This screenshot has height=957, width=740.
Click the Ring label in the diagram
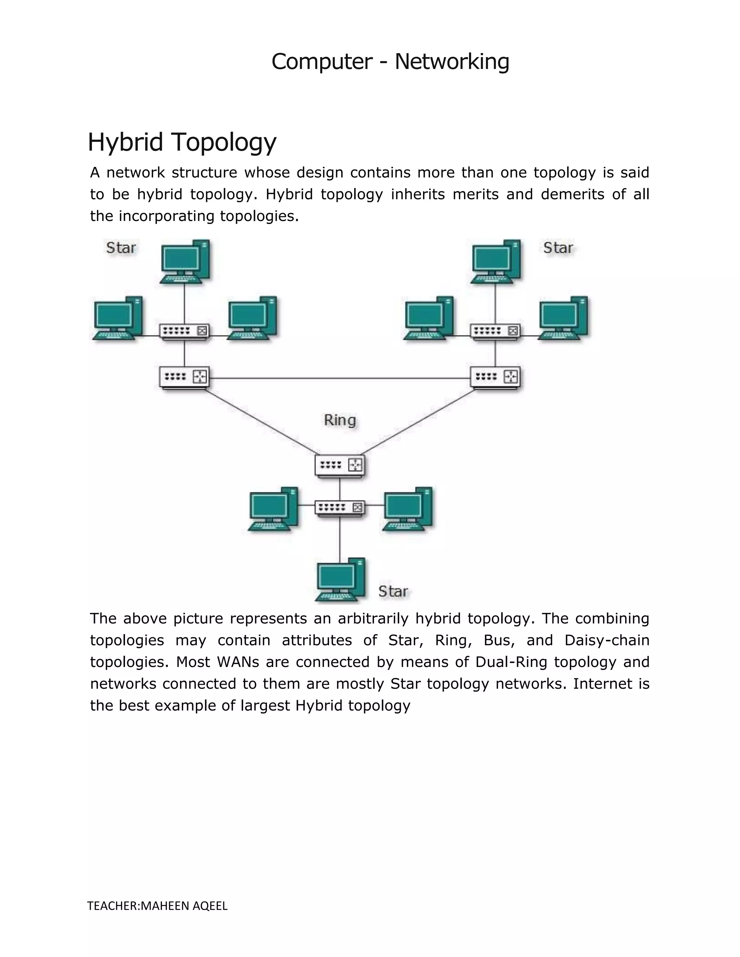point(340,420)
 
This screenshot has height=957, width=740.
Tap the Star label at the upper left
point(121,248)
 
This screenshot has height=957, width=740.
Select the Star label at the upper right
point(558,248)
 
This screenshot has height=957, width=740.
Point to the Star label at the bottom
point(393,592)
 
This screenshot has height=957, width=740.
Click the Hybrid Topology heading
point(182,142)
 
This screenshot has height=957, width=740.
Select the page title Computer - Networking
point(390,61)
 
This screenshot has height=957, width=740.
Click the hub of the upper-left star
point(184,331)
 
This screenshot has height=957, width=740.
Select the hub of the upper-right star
point(495,331)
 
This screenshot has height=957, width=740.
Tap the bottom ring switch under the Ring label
point(340,465)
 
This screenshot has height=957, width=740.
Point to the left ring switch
point(184,377)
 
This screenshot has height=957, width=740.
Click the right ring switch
point(495,377)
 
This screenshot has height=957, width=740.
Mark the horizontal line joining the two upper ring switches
point(340,378)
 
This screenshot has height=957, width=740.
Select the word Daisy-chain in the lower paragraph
point(607,641)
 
